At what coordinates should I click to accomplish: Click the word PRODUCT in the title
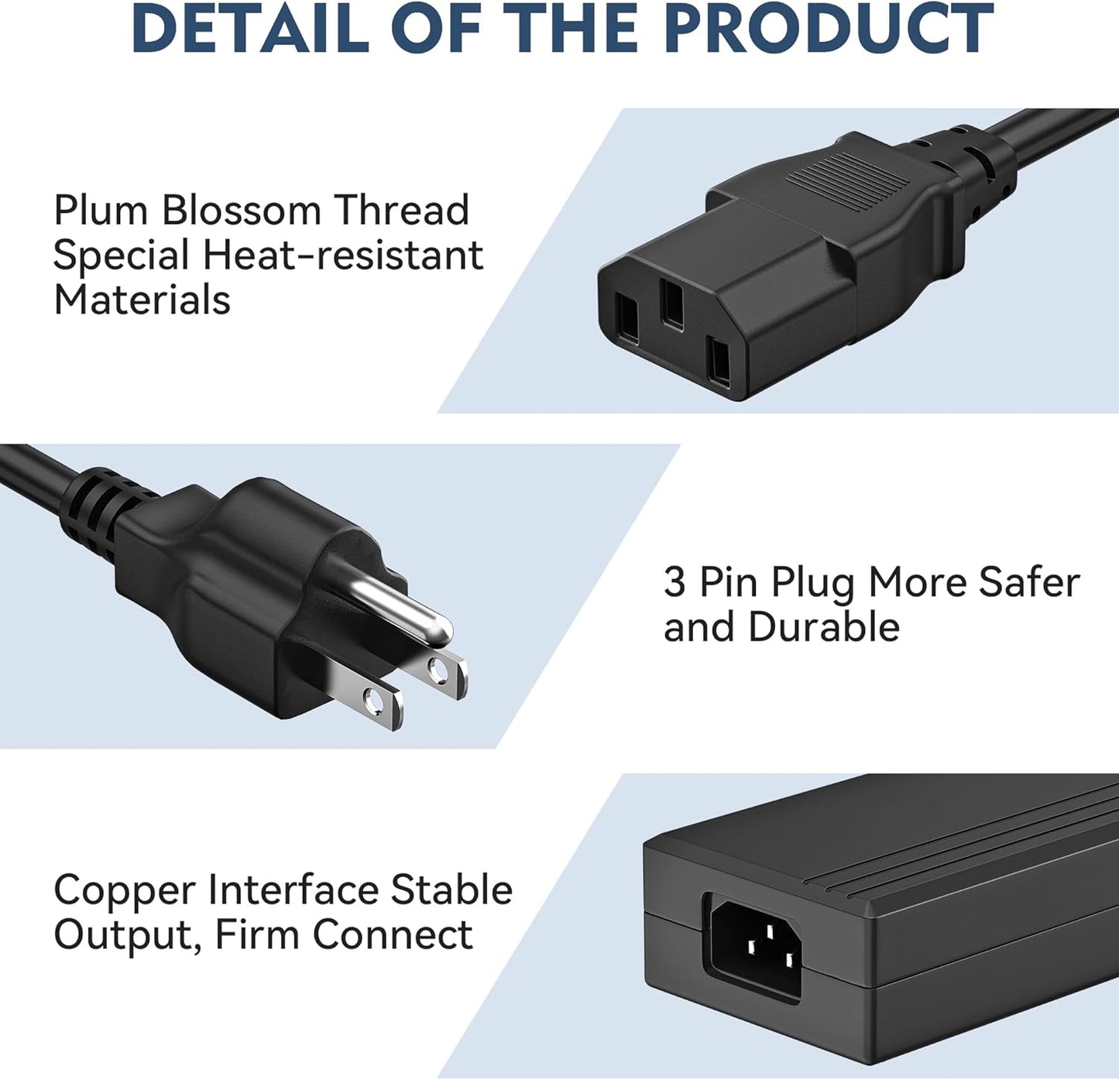coord(829,28)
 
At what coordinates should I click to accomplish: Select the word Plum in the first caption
coord(101,211)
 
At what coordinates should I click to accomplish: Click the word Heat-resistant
coord(343,255)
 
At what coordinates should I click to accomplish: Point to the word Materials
coord(142,300)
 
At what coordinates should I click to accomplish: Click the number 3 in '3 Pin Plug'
coord(674,581)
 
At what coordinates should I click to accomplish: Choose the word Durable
coord(823,626)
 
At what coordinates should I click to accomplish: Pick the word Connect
coord(393,934)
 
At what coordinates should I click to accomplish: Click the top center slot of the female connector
coord(671,303)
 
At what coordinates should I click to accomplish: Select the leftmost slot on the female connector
coord(626,318)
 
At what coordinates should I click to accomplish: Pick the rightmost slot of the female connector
coord(719,362)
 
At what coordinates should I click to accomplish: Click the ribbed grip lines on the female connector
coord(848,182)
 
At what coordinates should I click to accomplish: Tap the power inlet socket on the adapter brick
coord(756,951)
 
